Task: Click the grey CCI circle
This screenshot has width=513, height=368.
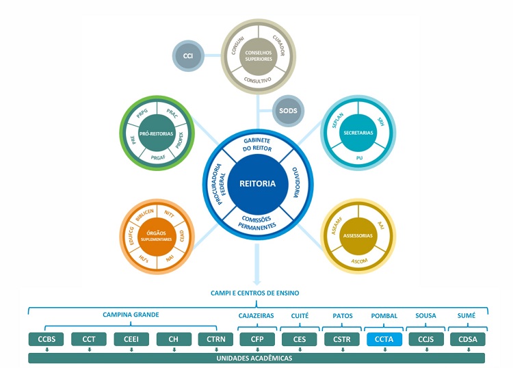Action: click(187, 55)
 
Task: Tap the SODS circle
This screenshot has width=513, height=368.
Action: click(288, 110)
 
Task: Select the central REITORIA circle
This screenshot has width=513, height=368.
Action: click(257, 183)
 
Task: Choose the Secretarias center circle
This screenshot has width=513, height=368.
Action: click(359, 132)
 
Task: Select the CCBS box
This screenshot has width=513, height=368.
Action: click(47, 339)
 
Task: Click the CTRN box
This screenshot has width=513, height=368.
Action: click(216, 339)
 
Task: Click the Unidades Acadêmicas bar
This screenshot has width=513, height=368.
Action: click(257, 358)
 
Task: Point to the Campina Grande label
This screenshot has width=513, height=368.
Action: click(131, 315)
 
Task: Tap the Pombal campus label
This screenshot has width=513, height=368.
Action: click(384, 315)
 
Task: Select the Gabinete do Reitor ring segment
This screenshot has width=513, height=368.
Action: click(257, 144)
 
